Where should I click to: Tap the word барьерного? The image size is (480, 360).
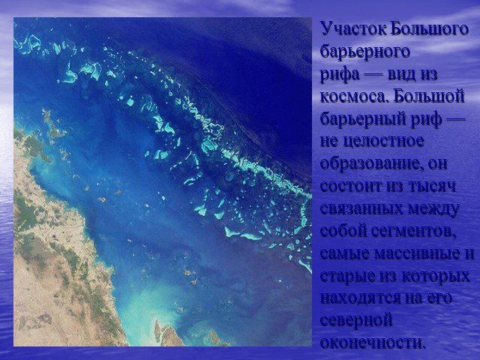(x=365, y=52)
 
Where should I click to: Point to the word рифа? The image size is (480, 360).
(x=340, y=74)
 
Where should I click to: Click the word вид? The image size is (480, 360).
(x=401, y=74)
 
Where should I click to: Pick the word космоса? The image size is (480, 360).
(x=355, y=97)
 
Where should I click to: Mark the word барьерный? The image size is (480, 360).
(x=365, y=119)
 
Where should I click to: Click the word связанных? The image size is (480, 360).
(x=361, y=208)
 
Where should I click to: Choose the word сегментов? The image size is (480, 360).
(x=413, y=232)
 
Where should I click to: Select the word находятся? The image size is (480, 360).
(x=359, y=298)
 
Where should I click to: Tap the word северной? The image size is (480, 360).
(x=356, y=321)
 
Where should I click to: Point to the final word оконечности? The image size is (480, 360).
(x=373, y=343)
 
